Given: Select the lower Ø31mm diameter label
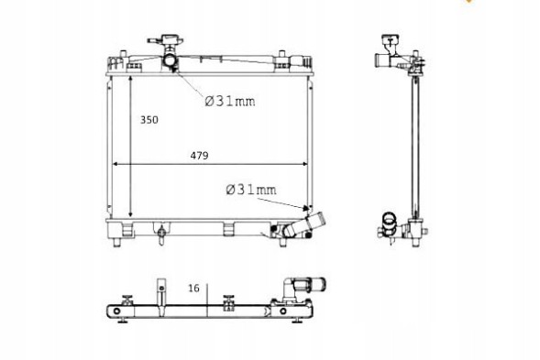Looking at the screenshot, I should (x=250, y=190).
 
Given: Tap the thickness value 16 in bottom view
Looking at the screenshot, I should (x=193, y=287).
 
